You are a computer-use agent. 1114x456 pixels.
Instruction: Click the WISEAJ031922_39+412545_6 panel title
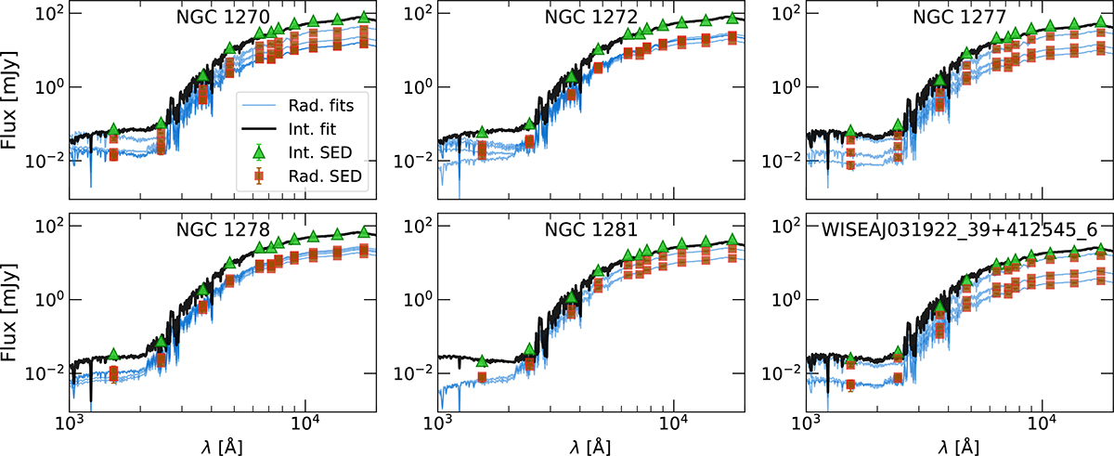957,229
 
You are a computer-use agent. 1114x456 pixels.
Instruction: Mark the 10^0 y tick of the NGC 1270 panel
47,86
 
